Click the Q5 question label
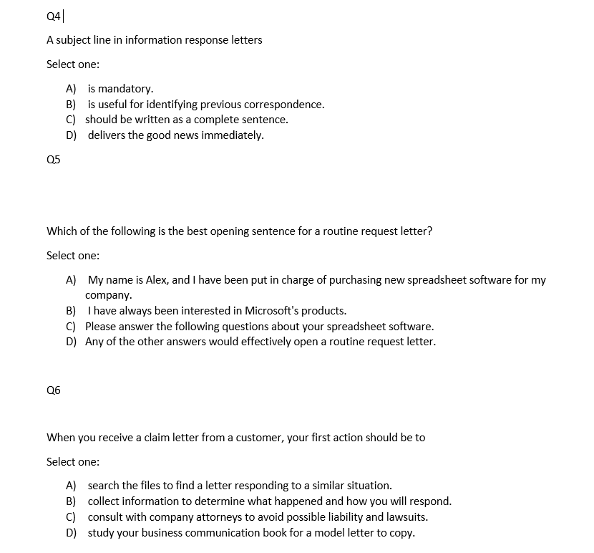pyautogui.click(x=54, y=159)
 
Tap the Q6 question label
pyautogui.click(x=54, y=390)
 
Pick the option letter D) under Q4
pyautogui.click(x=72, y=135)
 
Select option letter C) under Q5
pyautogui.click(x=72, y=326)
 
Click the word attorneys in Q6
pyautogui.click(x=226, y=516)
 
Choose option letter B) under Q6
pyautogui.click(x=72, y=501)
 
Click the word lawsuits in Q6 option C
pyautogui.click(x=407, y=516)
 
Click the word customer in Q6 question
pyautogui.click(x=258, y=437)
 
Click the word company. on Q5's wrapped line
pyautogui.click(x=109, y=295)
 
